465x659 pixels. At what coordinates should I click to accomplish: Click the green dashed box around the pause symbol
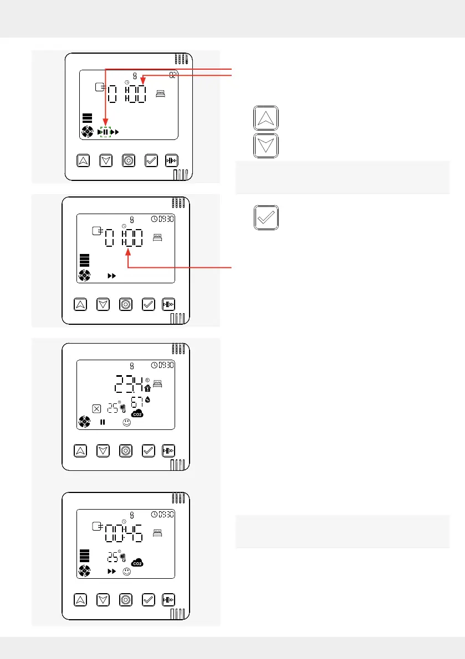105,132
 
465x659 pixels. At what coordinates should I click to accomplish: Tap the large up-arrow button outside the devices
266,118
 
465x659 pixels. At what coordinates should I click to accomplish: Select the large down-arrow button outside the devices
266,146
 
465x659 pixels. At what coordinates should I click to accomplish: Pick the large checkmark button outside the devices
266,217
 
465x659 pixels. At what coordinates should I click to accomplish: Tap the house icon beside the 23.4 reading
147,388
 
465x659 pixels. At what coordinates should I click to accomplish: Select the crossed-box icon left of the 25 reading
96,409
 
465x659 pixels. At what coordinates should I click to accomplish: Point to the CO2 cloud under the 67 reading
136,413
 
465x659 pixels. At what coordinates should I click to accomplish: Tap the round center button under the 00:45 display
126,599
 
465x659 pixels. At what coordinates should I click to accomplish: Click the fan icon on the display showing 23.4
85,423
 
